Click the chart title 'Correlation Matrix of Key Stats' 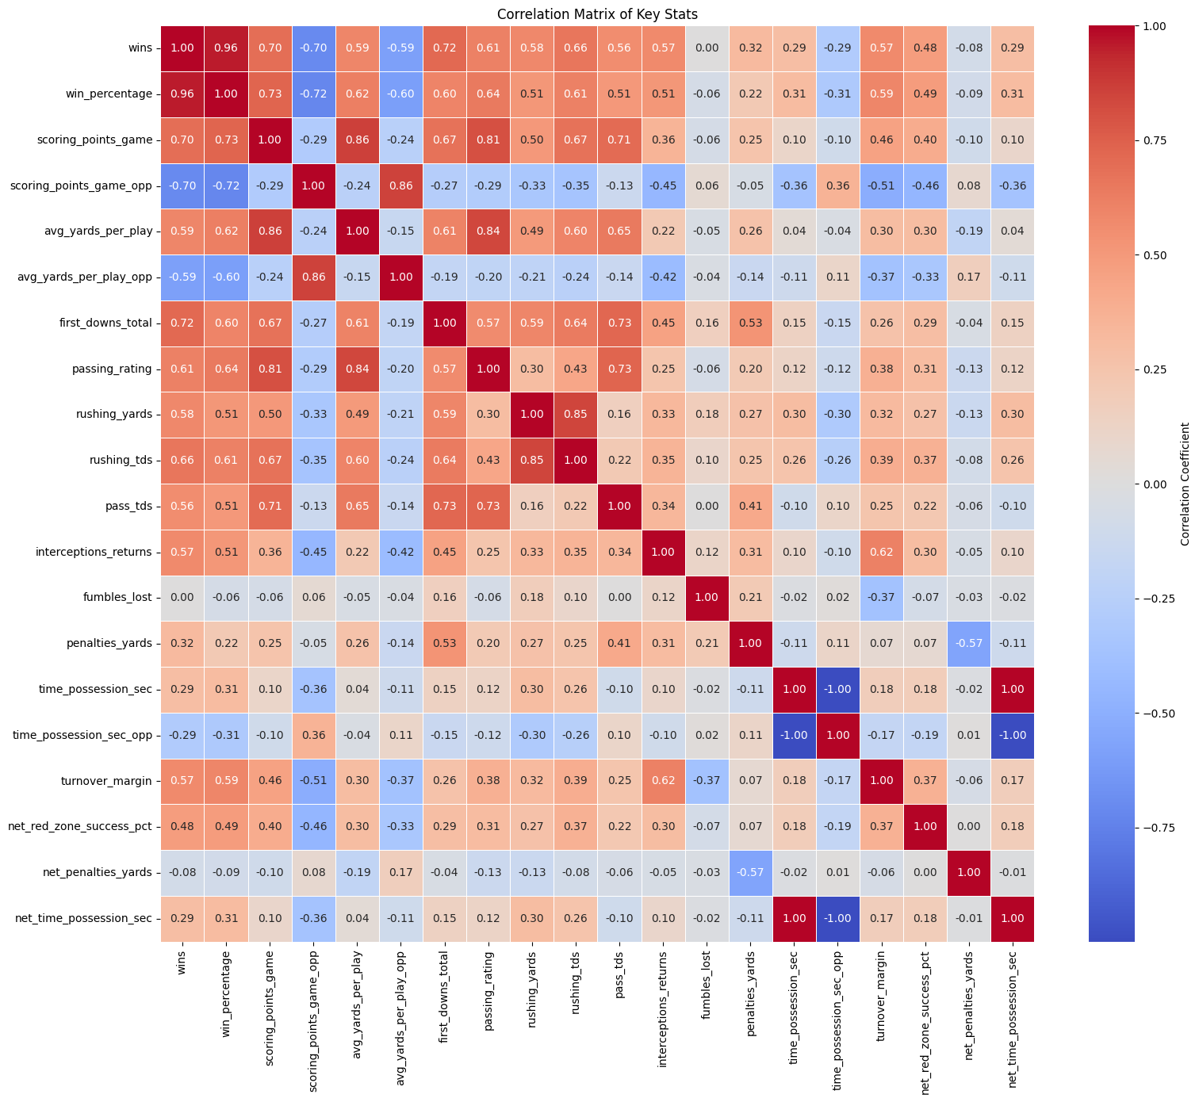point(597,13)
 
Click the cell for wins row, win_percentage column point(226,48)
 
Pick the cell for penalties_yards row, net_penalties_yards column point(968,644)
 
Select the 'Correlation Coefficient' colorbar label point(1185,484)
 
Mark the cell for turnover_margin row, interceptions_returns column point(663,781)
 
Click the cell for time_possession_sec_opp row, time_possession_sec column point(794,735)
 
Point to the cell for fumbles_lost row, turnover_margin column point(881,598)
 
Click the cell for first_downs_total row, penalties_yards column point(750,323)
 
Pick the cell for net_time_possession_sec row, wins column point(182,919)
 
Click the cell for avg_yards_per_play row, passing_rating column point(488,231)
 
